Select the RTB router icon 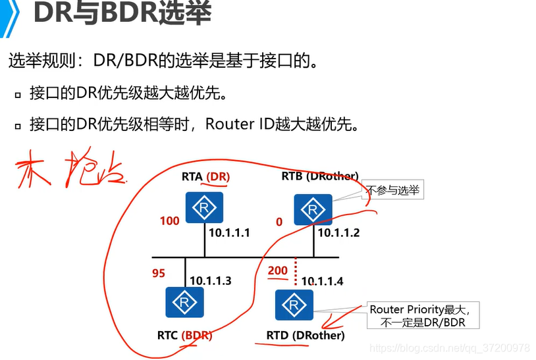(x=313, y=209)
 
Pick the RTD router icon (x=294, y=305)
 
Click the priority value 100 (x=169, y=221)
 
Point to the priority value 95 (x=159, y=272)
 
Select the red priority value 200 (x=278, y=270)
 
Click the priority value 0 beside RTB (x=279, y=222)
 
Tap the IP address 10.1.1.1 (x=230, y=232)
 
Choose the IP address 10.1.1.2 (x=339, y=232)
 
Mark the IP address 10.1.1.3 (x=211, y=280)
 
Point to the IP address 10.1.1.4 (x=323, y=281)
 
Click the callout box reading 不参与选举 (x=394, y=190)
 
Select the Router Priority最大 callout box (x=423, y=315)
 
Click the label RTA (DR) (x=205, y=176)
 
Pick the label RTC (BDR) (x=184, y=336)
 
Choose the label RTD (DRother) (x=306, y=336)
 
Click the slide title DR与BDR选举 (x=122, y=14)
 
